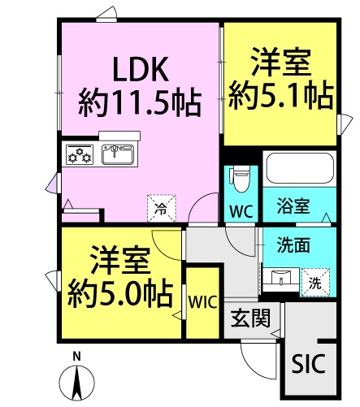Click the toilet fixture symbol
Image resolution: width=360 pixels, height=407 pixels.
coord(240,176)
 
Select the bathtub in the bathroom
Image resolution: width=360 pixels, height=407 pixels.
coord(298,170)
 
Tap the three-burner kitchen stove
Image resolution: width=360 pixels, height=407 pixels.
coord(80,154)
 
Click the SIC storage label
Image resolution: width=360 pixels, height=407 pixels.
coord(309,363)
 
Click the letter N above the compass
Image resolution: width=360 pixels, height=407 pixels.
coord(77,356)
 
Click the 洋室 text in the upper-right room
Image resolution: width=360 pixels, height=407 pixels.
coord(281,63)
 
